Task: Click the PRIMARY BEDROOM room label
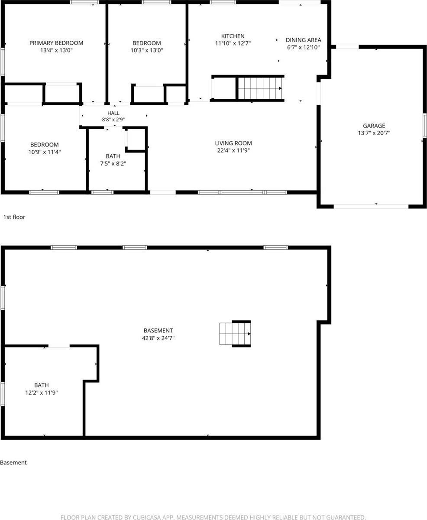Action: pos(56,43)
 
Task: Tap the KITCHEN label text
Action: pos(233,36)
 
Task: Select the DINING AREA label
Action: pos(303,40)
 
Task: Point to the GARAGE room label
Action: pos(374,126)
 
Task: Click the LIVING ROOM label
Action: pos(233,143)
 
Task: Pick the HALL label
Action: pos(113,113)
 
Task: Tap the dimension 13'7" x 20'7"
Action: pos(374,133)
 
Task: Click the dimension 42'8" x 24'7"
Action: pos(158,338)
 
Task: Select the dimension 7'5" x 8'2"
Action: pos(113,163)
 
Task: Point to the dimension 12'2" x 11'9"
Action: pos(42,393)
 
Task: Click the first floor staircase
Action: pos(260,88)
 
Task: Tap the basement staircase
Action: pos(235,334)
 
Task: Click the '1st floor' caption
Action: pos(14,217)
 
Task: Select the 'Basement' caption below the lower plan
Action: pos(13,462)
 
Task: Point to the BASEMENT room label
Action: pos(158,330)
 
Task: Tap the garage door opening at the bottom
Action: pos(371,206)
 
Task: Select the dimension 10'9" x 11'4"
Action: pos(45,152)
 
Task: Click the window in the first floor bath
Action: pos(102,192)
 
